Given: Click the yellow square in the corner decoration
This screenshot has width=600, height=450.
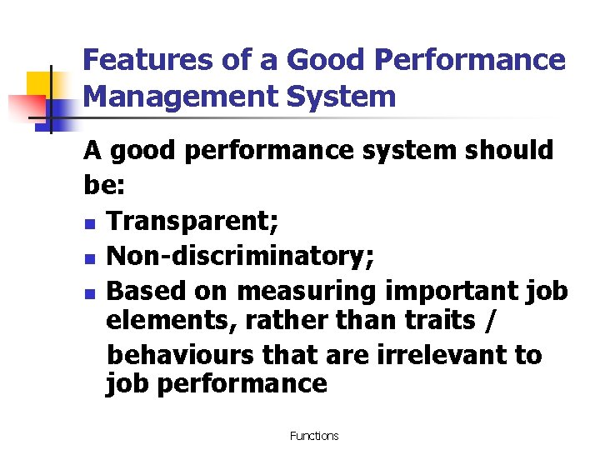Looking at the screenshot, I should coord(41,86).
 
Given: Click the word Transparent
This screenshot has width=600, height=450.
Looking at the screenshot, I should coord(193,221).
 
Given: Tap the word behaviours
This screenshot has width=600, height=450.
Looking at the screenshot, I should coord(182,353).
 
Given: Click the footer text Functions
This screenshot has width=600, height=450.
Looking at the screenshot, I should coord(314,436).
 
